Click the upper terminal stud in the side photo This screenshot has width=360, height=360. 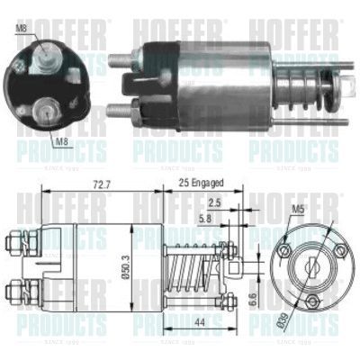121,62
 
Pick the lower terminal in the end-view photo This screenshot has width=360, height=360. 42,112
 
